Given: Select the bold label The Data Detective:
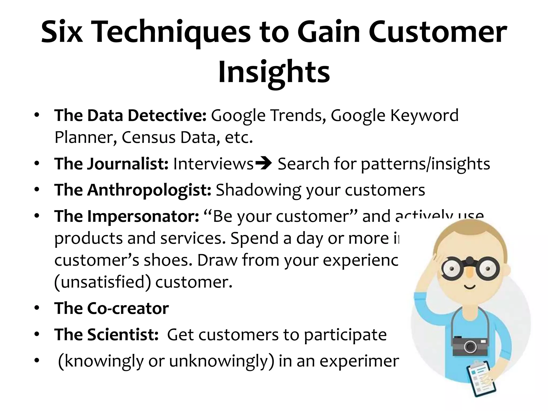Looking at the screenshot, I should point(130,116).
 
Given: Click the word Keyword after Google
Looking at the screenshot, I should point(424,116).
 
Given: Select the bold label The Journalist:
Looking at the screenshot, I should point(111,164).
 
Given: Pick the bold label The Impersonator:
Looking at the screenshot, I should point(127,216).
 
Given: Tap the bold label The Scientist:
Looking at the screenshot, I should point(106,334).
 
